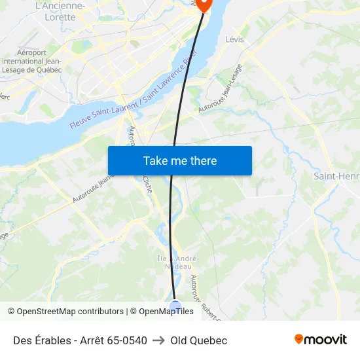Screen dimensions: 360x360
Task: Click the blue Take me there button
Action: pyautogui.click(x=180, y=160)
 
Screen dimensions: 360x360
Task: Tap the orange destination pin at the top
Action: pyautogui.click(x=203, y=4)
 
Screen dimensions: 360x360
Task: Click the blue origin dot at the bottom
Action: pyautogui.click(x=175, y=306)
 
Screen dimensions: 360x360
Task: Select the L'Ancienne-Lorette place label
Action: pyautogui.click(x=60, y=11)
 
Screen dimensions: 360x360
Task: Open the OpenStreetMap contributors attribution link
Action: pyautogui.click(x=70, y=312)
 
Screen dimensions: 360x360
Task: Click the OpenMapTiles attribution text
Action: pyautogui.click(x=166, y=312)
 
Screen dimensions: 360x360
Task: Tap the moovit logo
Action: pyautogui.click(x=321, y=339)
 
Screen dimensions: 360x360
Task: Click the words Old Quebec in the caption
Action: pyautogui.click(x=198, y=340)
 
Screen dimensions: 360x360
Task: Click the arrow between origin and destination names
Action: pyautogui.click(x=158, y=340)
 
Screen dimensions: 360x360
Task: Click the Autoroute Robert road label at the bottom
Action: pyautogui.click(x=204, y=292)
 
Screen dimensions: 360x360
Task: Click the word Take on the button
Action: pyautogui.click(x=155, y=160)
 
